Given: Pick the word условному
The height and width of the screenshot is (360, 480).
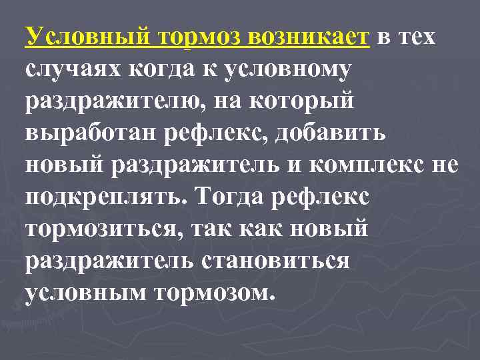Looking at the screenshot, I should click(285, 70).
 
